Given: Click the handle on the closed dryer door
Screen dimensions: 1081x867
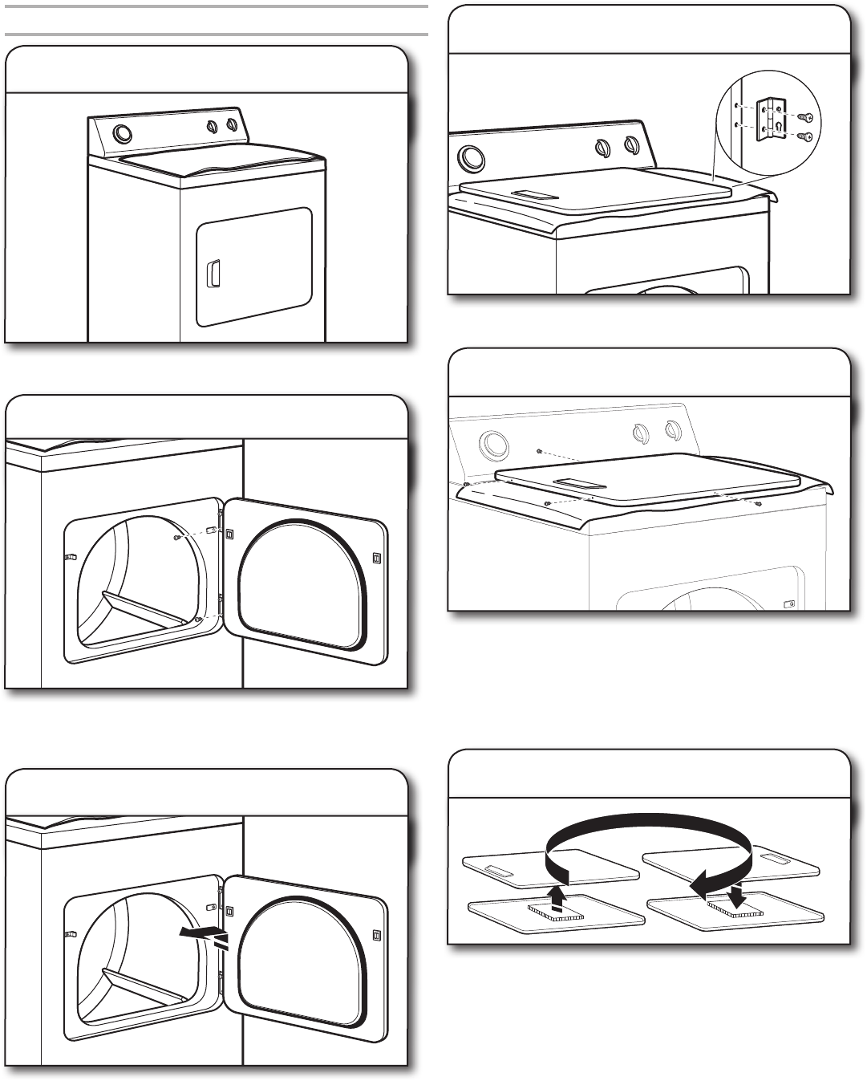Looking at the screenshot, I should pyautogui.click(x=213, y=273).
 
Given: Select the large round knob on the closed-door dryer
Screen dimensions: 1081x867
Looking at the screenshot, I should pyautogui.click(x=123, y=133).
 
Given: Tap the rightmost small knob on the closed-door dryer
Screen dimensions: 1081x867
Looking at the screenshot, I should pyautogui.click(x=232, y=125).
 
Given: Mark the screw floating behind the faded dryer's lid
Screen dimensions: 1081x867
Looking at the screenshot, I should pyautogui.click(x=540, y=451).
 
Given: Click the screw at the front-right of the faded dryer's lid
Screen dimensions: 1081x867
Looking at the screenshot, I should pyautogui.click(x=758, y=504).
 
